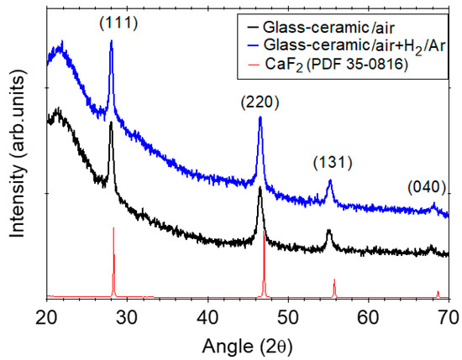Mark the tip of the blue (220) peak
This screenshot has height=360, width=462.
[260, 117]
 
